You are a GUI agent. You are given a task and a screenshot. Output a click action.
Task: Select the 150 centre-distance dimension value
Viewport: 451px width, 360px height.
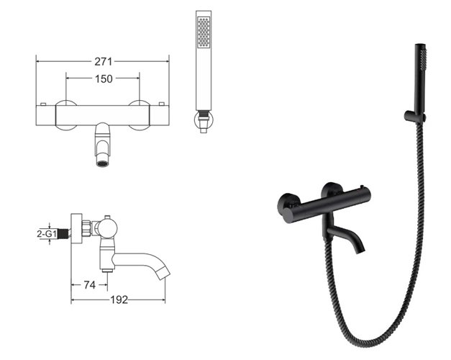point(103,78)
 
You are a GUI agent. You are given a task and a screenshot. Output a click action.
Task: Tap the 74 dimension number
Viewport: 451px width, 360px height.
point(90,285)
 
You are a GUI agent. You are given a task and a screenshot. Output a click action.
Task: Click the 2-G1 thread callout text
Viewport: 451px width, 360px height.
point(47,233)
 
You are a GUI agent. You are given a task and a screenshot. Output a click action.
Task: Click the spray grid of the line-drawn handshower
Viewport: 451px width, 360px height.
point(204,32)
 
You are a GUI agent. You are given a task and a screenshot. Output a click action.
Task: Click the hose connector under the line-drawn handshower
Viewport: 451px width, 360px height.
point(204,121)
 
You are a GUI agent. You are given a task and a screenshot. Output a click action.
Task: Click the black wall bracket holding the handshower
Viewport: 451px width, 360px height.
point(412,115)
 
